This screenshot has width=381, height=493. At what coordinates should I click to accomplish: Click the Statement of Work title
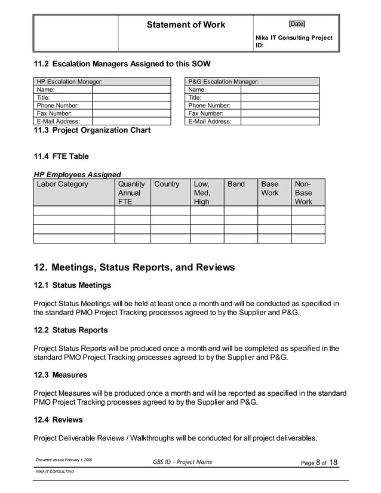click(x=186, y=24)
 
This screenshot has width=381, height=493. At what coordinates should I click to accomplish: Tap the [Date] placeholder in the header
click(x=296, y=24)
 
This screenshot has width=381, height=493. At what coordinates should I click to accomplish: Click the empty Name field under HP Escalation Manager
click(x=131, y=90)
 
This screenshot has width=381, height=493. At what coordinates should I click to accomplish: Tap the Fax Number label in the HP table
click(x=54, y=113)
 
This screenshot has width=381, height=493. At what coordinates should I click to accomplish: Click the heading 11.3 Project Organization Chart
click(x=92, y=130)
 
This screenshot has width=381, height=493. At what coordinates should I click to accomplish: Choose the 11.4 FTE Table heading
click(x=61, y=156)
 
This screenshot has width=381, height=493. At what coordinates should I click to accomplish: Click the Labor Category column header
click(x=62, y=184)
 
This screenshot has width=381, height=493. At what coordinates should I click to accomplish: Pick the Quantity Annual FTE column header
click(x=131, y=193)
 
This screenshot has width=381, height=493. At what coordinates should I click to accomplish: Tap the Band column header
click(x=236, y=184)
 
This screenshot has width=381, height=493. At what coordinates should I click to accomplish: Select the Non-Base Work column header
click(x=303, y=193)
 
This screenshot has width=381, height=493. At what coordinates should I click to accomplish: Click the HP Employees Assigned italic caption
click(x=77, y=174)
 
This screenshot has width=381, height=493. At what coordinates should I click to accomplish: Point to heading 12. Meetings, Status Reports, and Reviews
click(x=134, y=267)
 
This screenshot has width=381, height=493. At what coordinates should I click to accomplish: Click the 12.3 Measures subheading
click(x=60, y=375)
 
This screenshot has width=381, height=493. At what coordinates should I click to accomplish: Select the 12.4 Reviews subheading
click(x=59, y=420)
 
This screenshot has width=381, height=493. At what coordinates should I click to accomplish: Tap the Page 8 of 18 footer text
click(x=318, y=463)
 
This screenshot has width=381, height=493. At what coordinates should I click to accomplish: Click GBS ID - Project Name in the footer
click(x=182, y=462)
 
